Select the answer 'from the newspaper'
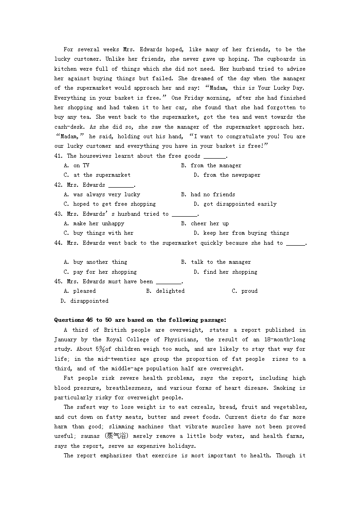pyautogui.click(x=227, y=175)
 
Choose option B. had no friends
pyautogui.click(x=208, y=194)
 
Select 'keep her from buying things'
pyautogui.click(x=241, y=233)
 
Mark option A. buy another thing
pyautogui.click(x=96, y=262)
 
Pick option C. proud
pyautogui.click(x=244, y=291)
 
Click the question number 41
pyautogui.click(x=58, y=156)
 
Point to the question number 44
pyautogui.click(x=58, y=243)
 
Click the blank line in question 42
pyautogui.click(x=121, y=185)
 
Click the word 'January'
pyautogui.click(x=66, y=339)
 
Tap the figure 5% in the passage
pyautogui.click(x=100, y=349)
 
